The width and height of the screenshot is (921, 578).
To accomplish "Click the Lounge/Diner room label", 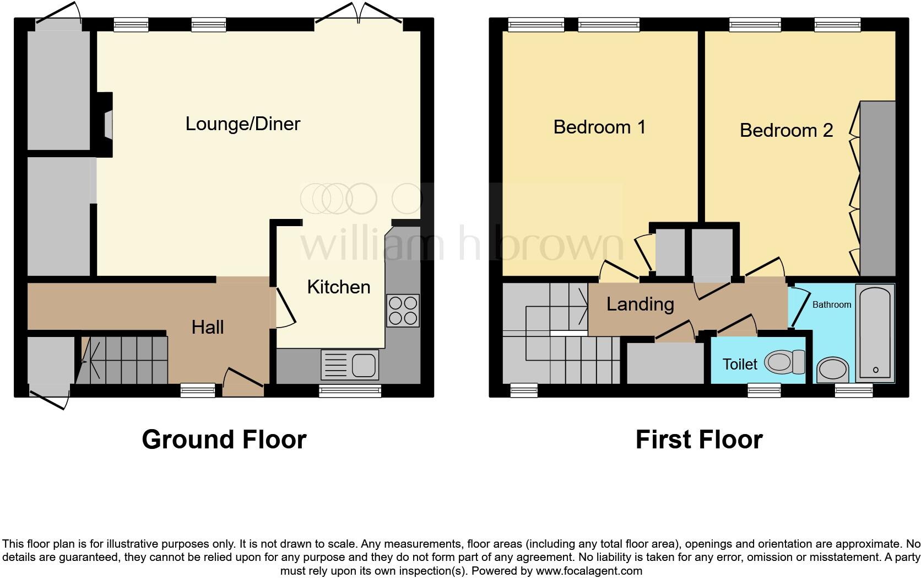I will tap(242, 124).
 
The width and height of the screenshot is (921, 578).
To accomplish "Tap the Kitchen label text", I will tap(338, 287).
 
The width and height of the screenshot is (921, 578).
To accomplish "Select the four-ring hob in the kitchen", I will tap(403, 311).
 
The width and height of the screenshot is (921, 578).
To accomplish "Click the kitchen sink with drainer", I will tap(350, 365).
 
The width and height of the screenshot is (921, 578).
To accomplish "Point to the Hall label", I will tap(208, 327).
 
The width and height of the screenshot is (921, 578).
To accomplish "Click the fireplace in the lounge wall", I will tap(106, 124).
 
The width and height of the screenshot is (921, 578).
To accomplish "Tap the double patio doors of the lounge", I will tap(359, 14).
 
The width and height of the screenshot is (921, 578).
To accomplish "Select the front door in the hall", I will tap(243, 381).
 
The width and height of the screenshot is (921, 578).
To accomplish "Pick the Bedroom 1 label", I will tap(599, 127).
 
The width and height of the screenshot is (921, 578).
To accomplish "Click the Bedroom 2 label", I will tap(786, 130).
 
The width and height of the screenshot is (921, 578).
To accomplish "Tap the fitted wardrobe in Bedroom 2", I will tap(878, 188).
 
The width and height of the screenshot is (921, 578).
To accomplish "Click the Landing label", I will tap(640, 304).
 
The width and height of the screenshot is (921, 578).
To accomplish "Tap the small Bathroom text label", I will tap(831, 304).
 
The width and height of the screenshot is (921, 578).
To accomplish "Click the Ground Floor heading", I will tap(224, 440).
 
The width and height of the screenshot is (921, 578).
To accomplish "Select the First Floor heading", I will tap(698, 440).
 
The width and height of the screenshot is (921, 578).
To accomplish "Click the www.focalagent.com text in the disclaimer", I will tap(589, 571).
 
